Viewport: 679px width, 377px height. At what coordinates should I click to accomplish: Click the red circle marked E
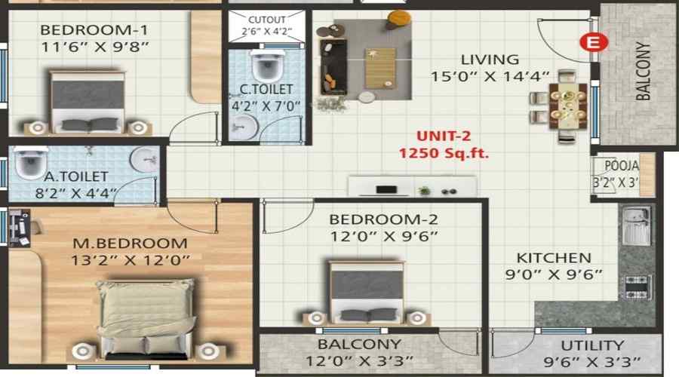[x=595, y=42]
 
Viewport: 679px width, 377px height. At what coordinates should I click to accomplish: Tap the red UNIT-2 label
[x=444, y=136]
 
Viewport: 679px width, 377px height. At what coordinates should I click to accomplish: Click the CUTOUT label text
[x=267, y=20]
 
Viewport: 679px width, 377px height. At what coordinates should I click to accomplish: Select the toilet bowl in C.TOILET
[x=267, y=65]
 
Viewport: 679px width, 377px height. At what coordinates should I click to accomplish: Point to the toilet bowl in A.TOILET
[x=31, y=162]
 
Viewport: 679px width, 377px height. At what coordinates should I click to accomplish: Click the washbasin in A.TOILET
[x=144, y=159]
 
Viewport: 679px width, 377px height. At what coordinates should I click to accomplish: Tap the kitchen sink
[x=636, y=225]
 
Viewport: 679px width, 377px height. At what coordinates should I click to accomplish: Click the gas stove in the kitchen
[x=638, y=287]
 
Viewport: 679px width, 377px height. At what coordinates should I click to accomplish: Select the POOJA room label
[x=622, y=165]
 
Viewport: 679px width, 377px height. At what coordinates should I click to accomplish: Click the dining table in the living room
[x=567, y=106]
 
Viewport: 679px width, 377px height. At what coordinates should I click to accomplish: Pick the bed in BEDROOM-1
[x=88, y=101]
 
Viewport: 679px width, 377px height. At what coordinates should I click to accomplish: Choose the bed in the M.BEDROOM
[x=146, y=319]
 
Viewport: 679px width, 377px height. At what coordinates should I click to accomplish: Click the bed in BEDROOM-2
[x=367, y=292]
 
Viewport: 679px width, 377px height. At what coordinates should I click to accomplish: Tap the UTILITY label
[x=592, y=345]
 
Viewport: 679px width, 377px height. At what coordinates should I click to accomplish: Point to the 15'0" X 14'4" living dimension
[x=490, y=77]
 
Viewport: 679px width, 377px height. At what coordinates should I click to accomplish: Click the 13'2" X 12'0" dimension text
[x=131, y=261]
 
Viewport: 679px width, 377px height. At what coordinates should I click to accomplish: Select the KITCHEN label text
[x=554, y=258]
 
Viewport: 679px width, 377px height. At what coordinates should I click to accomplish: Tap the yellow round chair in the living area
[x=399, y=19]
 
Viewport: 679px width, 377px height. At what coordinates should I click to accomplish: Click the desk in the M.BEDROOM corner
[x=20, y=228]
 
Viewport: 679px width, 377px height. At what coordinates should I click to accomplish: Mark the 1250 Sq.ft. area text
[x=444, y=153]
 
